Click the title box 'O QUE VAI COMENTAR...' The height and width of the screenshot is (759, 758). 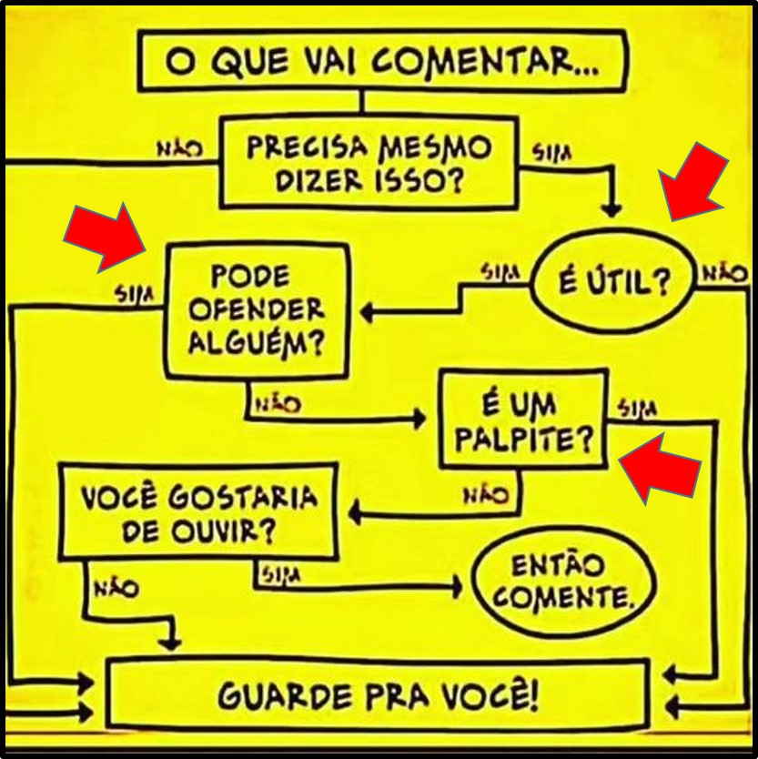[381, 61]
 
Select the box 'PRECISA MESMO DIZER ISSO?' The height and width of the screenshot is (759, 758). [369, 163]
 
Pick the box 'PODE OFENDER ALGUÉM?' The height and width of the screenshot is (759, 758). [256, 309]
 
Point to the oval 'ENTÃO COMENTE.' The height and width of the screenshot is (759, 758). [563, 582]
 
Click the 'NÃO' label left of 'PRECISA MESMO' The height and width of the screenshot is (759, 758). [180, 149]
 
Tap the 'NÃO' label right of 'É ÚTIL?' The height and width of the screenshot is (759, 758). [723, 273]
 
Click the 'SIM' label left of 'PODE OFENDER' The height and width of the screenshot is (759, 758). [134, 293]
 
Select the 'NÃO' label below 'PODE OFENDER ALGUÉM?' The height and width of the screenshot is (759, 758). [278, 404]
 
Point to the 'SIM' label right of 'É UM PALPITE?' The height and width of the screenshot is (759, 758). [638, 410]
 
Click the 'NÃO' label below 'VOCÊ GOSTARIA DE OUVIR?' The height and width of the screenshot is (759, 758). [116, 589]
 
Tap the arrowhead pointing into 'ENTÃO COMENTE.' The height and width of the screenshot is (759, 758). [457, 587]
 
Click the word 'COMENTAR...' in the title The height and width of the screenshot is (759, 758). [485, 62]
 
